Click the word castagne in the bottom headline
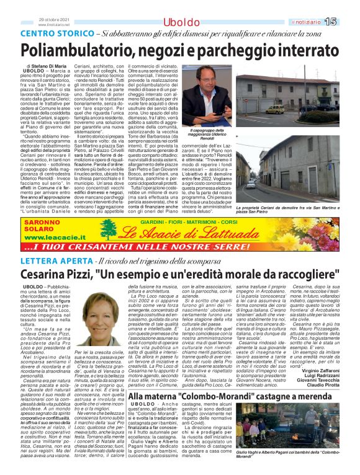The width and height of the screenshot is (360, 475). (288, 396)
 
